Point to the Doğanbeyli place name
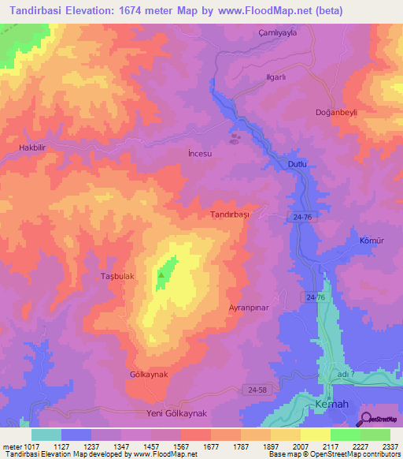[337, 113]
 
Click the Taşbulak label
[118, 277]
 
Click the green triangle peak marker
[162, 274]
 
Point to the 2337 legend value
[391, 446]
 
